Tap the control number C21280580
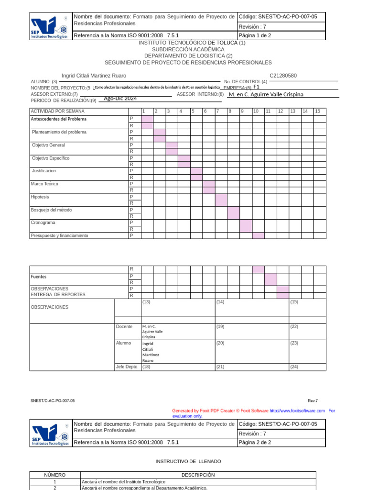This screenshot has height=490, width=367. [283, 76]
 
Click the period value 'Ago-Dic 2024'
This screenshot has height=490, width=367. [120, 98]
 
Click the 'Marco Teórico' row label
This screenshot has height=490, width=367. [45, 184]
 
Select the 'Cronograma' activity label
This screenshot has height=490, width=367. [43, 223]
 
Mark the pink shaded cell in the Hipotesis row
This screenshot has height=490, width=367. [221, 200]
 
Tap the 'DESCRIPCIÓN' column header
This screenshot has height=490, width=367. [198, 475]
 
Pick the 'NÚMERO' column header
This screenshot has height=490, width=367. [54, 475]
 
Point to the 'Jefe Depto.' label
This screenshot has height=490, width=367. [127, 367]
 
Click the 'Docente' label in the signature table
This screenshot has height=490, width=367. [124, 326]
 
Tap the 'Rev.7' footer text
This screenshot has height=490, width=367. [313, 401]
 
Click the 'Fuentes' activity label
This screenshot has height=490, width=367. [39, 277]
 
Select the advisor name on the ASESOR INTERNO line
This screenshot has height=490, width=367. [266, 94]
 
